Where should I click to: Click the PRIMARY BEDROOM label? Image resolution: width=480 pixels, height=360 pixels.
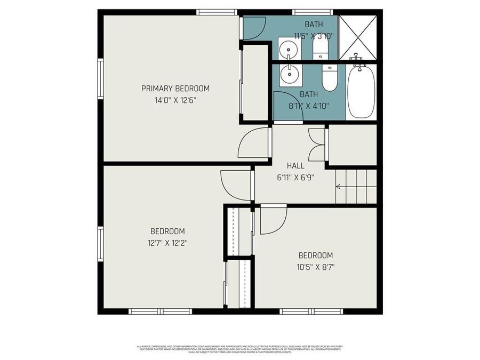[175, 89]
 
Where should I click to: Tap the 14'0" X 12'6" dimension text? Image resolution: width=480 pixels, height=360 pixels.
[175, 100]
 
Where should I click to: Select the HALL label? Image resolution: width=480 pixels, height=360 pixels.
[295, 166]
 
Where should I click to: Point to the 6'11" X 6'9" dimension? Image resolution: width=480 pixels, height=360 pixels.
[295, 178]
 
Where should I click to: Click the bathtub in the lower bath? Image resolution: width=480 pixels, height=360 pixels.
[361, 92]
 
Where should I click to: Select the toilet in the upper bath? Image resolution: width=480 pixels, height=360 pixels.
[320, 49]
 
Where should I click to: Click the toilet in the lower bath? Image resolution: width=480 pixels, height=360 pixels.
[330, 78]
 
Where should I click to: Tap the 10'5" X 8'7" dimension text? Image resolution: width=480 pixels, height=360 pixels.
[315, 267]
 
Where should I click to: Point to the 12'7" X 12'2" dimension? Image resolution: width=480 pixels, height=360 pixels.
[167, 243]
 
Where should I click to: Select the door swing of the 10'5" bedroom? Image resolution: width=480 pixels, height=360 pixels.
[272, 220]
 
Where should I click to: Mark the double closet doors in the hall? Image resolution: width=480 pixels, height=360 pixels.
[316, 145]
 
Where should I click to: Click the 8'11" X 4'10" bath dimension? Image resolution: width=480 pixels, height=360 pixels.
[308, 106]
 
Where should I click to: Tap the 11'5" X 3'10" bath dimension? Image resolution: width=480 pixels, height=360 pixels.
[314, 36]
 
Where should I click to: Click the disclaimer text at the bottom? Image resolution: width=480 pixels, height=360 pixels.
[239, 349]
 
